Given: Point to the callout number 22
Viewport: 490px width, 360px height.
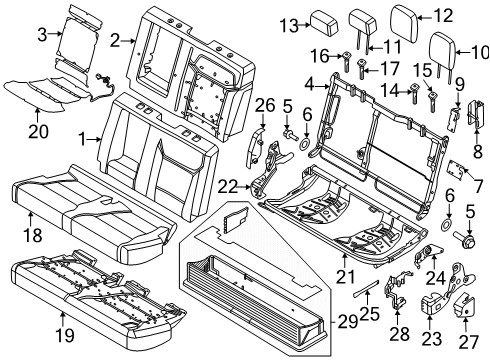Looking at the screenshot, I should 228,184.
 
